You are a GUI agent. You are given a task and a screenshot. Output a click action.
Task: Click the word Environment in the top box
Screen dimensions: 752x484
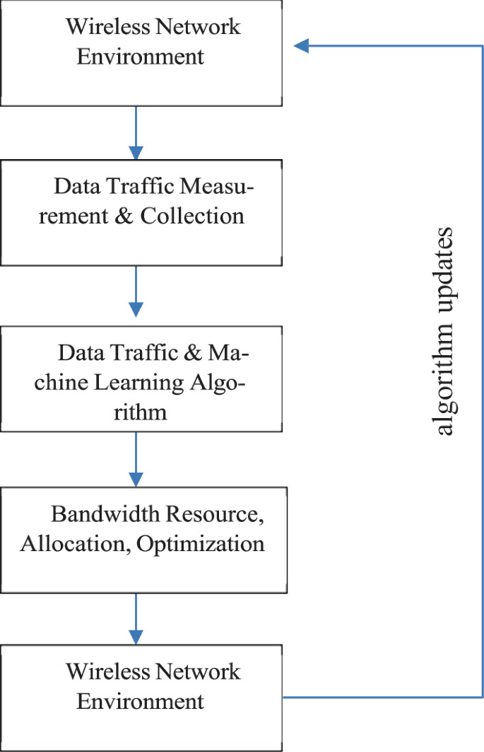point(140,57)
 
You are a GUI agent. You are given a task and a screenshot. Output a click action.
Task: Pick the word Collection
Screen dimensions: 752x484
point(192,216)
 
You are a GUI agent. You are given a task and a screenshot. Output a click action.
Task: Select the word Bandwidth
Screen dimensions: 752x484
point(107,514)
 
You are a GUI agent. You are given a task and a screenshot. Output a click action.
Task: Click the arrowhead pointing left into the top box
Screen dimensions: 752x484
point(302,46)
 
